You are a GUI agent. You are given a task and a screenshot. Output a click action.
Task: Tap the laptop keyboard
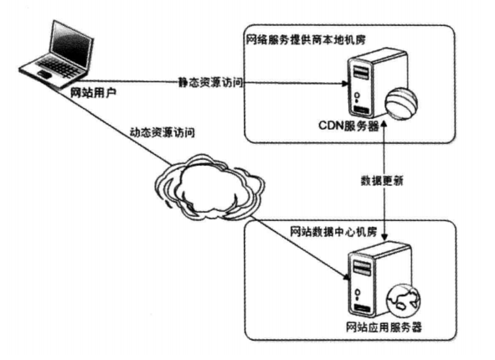coord(59,67)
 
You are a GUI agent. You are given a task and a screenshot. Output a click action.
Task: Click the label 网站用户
coord(93,92)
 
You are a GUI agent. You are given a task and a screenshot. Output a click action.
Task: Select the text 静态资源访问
coord(210,82)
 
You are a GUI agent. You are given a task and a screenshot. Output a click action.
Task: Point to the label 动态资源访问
coord(162,132)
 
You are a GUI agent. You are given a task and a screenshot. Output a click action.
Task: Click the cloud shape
coord(209,187)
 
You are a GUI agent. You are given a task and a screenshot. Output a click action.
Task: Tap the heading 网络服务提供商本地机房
coord(306,39)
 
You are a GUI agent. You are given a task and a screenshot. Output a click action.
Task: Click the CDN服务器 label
coord(348,126)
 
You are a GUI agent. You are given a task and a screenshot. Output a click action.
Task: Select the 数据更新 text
coord(382,181)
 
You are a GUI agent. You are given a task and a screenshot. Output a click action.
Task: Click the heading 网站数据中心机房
coord(333,232)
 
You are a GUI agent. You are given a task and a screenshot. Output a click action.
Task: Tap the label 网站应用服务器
coord(384,327)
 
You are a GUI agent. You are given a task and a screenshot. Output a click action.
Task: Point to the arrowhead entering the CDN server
coord(345,84)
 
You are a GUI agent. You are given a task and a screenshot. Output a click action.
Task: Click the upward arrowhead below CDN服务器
coord(384,124)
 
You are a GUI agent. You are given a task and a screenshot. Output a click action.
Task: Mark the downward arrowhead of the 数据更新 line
coord(384,237)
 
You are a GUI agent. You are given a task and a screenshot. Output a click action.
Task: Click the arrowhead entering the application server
coord(347,276)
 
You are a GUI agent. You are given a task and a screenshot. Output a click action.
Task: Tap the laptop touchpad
coord(44,75)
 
